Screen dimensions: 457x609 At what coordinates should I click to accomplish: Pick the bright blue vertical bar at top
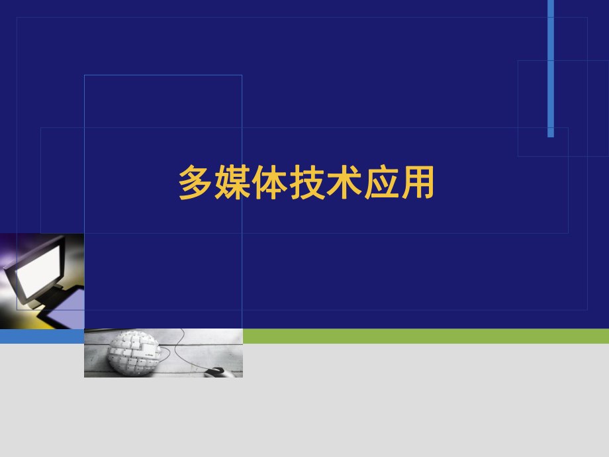pos(551,66)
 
